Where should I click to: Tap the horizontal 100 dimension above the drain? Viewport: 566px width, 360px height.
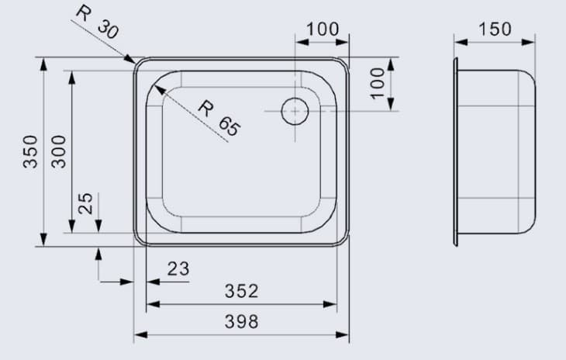click(x=323, y=29)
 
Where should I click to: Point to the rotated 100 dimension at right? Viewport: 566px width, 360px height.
click(x=378, y=82)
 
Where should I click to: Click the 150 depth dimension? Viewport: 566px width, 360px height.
click(x=495, y=29)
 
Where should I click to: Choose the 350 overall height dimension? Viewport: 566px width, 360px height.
click(x=29, y=152)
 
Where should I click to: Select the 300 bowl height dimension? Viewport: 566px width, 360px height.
click(x=58, y=152)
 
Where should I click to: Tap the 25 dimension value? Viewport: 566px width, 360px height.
click(x=86, y=203)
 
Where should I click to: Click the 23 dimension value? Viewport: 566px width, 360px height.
click(x=178, y=268)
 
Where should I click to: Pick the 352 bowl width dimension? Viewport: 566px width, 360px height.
click(x=241, y=292)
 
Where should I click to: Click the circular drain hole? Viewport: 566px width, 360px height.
click(x=295, y=111)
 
